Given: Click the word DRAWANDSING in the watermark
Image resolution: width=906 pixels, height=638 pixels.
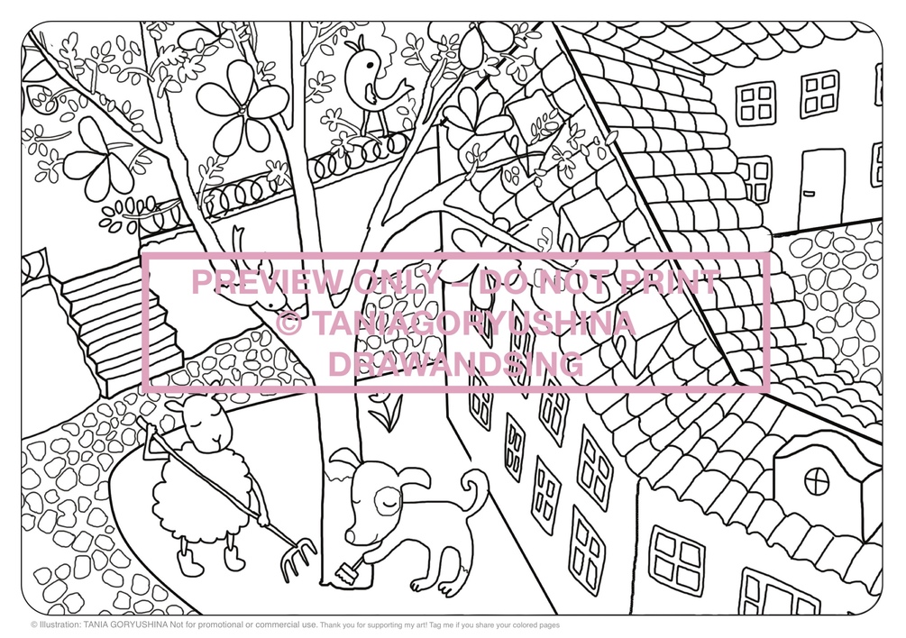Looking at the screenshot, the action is tap(456, 364).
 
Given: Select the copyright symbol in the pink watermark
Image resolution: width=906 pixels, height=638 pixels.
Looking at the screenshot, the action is tap(288, 324).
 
